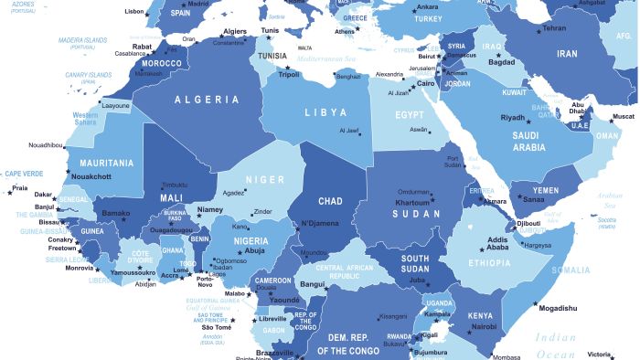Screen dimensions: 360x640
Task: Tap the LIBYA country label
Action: pos(325,112)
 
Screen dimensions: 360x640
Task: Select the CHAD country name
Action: pos(329,201)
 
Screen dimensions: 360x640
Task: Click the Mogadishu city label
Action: pos(558,309)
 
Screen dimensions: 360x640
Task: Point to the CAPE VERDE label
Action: pos(25,174)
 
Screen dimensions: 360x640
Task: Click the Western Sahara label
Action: pos(85,120)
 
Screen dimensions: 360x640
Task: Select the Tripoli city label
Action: pos(289,75)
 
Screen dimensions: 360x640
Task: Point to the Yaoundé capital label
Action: pos(283,299)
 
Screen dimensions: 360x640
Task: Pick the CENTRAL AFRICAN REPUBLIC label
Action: pos(347,271)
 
